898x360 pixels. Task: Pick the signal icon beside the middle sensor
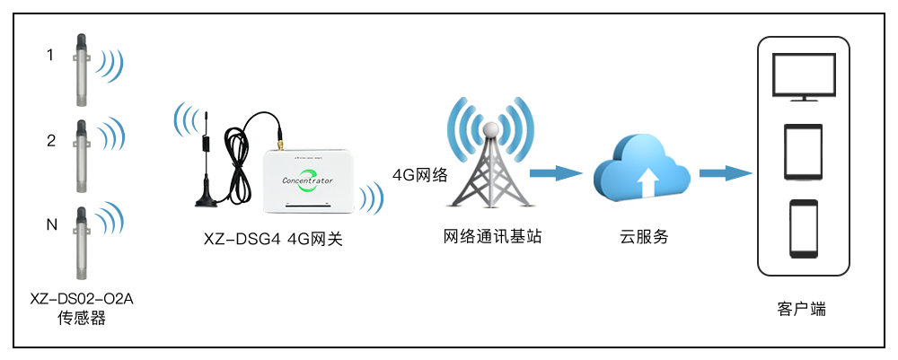click(x=110, y=135)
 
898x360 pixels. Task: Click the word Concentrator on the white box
click(x=307, y=180)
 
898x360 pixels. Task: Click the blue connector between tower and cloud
click(x=556, y=173)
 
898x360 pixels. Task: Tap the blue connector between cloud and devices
click(x=725, y=173)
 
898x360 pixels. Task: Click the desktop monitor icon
click(x=804, y=76)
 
